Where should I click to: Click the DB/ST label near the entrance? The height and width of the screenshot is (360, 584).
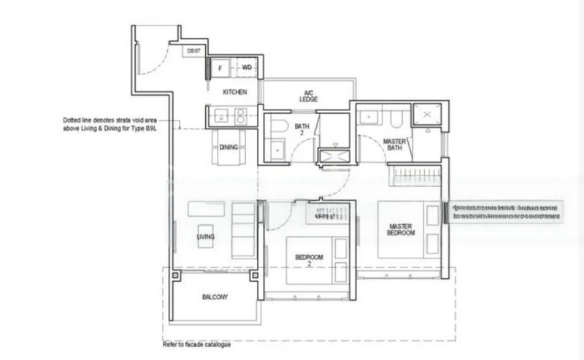click(193, 50)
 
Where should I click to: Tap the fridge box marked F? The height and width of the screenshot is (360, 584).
click(220, 68)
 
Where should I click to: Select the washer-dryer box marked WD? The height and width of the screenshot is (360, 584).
click(247, 68)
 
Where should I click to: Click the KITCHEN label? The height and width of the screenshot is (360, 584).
click(235, 92)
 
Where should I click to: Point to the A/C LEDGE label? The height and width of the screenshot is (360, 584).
click(308, 96)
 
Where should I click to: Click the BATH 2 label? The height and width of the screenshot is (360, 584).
click(302, 130)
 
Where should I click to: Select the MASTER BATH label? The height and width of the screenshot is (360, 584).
click(394, 144)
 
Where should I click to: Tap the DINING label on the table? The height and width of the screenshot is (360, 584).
click(228, 148)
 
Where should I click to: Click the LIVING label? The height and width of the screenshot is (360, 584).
click(205, 237)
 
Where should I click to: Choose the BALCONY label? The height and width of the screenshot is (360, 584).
click(215, 297)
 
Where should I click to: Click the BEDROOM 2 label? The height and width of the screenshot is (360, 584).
click(310, 261)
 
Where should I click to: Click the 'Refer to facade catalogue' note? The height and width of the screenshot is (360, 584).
click(196, 344)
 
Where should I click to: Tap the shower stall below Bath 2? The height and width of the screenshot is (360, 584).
click(335, 155)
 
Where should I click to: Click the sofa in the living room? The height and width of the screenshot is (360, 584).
click(243, 229)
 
